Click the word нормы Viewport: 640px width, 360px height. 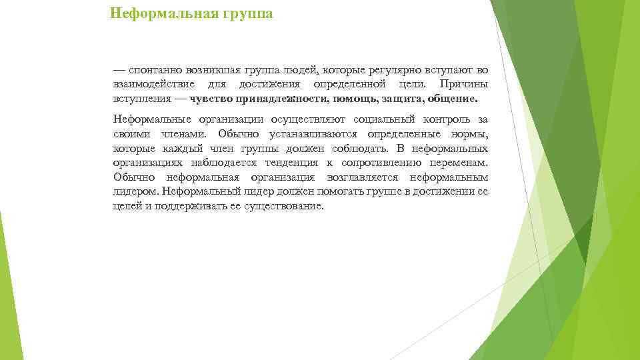(470, 134)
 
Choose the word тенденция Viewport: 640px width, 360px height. (289, 163)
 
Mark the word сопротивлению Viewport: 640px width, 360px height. (389, 163)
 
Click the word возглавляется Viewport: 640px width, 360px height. (363, 178)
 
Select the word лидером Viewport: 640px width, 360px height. (135, 192)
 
